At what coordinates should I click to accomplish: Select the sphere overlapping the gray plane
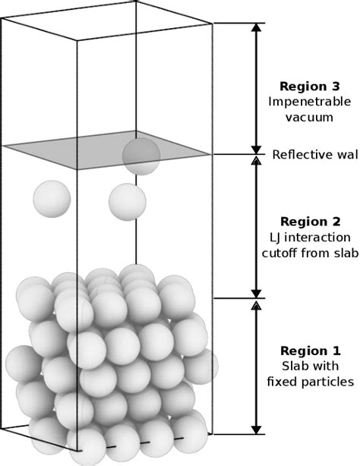(x=141, y=156)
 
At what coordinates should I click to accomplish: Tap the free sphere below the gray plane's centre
(x=127, y=202)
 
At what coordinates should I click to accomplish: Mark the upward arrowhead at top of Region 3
(x=257, y=27)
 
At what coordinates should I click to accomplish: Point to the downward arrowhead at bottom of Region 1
(x=257, y=427)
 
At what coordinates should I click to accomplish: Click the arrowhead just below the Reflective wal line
(x=257, y=160)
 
